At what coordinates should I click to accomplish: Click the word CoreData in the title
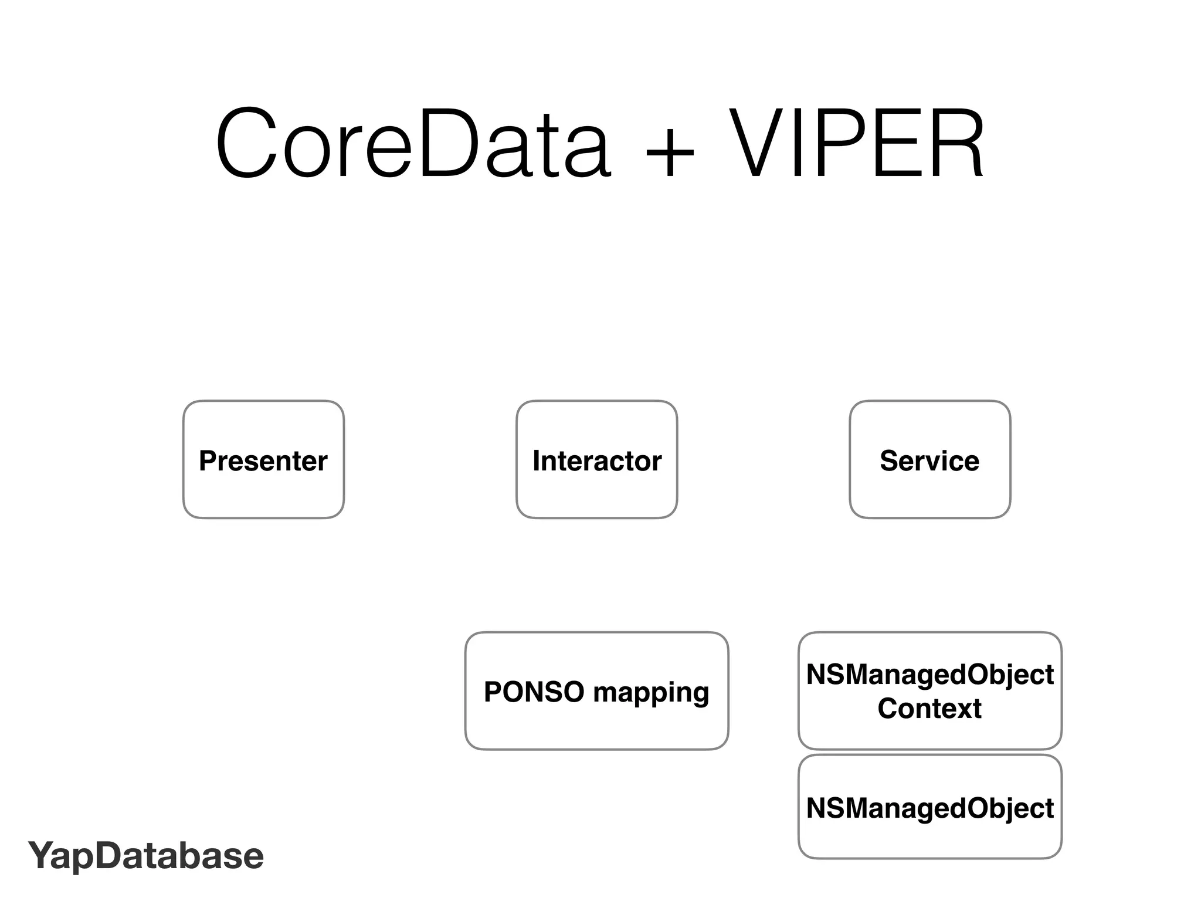click(413, 144)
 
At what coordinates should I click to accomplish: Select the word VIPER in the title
click(857, 144)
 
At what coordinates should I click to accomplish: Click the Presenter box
click(263, 460)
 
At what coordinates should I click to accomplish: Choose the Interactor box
click(596, 460)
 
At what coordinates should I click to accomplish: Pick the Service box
click(929, 460)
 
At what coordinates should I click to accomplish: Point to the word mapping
click(651, 693)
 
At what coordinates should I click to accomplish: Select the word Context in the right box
click(929, 709)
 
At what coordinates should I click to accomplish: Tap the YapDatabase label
click(146, 856)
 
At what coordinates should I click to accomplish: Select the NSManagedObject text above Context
click(929, 675)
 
